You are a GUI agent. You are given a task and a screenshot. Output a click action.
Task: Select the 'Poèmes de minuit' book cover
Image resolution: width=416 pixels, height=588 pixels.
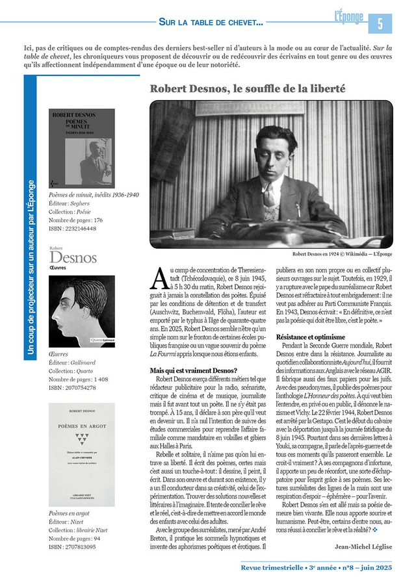pyautogui.click(x=81, y=148)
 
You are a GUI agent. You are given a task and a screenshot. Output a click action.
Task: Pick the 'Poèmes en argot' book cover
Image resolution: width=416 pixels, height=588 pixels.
pyautogui.click(x=81, y=454)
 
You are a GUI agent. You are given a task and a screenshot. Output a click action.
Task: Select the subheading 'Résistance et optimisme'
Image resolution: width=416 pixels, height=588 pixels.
pyautogui.click(x=311, y=337)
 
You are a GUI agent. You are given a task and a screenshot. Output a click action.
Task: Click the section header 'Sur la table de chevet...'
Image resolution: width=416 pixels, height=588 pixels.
pyautogui.click(x=211, y=22)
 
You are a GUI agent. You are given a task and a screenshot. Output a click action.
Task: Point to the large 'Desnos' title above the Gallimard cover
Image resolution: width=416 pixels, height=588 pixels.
pyautogui.click(x=73, y=258)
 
